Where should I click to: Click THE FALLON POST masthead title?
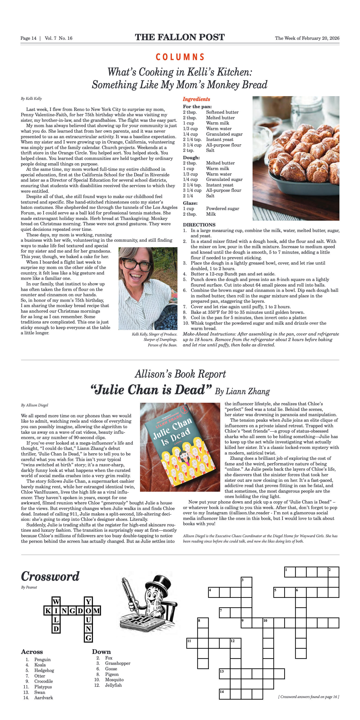pos(180,37)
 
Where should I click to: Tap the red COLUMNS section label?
pos(180,57)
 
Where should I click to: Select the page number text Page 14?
pos(28,38)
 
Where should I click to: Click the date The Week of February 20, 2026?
pos(307,38)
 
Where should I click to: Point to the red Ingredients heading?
pos(196,99)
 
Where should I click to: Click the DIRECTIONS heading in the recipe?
pos(199,225)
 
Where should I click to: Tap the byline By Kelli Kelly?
pos(31,99)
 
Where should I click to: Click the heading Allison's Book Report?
pos(180,374)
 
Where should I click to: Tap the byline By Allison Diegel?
pos(35,405)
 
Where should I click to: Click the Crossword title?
pos(50,576)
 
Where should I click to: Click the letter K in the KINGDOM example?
pos(48,611)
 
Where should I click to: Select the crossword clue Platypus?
pos(43,687)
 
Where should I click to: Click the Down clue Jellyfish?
pos(113,685)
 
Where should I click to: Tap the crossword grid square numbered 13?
pos(224,674)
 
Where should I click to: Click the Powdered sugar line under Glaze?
pos(223,208)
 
